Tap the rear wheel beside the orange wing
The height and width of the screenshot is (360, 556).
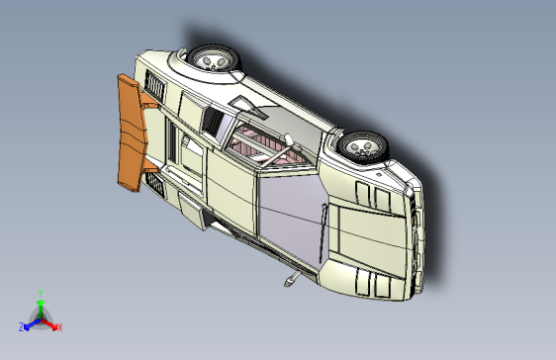pyautogui.click(x=214, y=60)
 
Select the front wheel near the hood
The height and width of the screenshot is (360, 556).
pyautogui.click(x=361, y=147)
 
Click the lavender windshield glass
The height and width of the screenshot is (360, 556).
pyautogui.click(x=290, y=209)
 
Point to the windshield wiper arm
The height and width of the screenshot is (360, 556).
pyautogui.click(x=324, y=230)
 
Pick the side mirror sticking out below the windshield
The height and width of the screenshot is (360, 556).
pyautogui.click(x=291, y=280)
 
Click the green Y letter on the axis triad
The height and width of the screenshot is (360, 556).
pyautogui.click(x=40, y=292)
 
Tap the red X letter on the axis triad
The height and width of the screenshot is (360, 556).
pyautogui.click(x=59, y=327)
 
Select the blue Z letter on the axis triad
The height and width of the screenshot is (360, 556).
pyautogui.click(x=21, y=327)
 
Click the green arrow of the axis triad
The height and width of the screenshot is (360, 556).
pyautogui.click(x=40, y=306)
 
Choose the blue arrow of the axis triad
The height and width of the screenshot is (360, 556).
pyautogui.click(x=31, y=322)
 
